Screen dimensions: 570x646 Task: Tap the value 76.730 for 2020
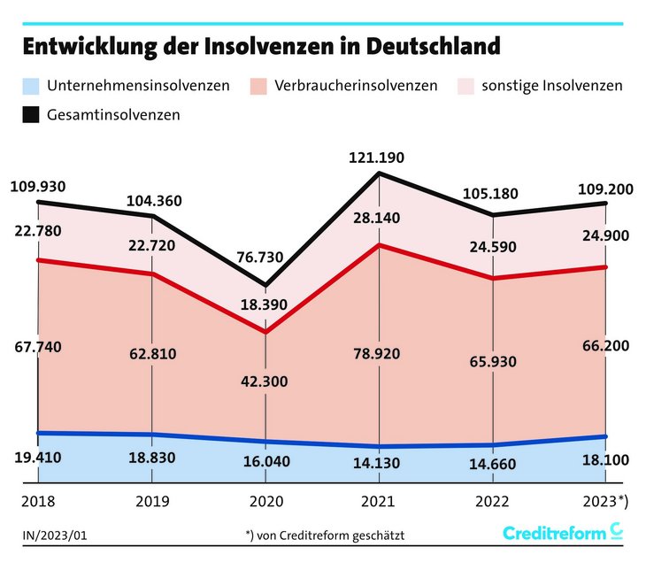266,257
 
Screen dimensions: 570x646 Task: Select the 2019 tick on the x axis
154,501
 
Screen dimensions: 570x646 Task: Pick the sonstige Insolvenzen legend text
551,86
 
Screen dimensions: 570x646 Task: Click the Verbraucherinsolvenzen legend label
356,86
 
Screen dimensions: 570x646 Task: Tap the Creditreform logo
563,532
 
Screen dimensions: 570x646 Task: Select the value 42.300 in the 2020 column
266,381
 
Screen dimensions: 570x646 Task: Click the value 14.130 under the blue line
379,461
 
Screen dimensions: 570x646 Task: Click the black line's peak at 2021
379,173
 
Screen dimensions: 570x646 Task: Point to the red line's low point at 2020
266,332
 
